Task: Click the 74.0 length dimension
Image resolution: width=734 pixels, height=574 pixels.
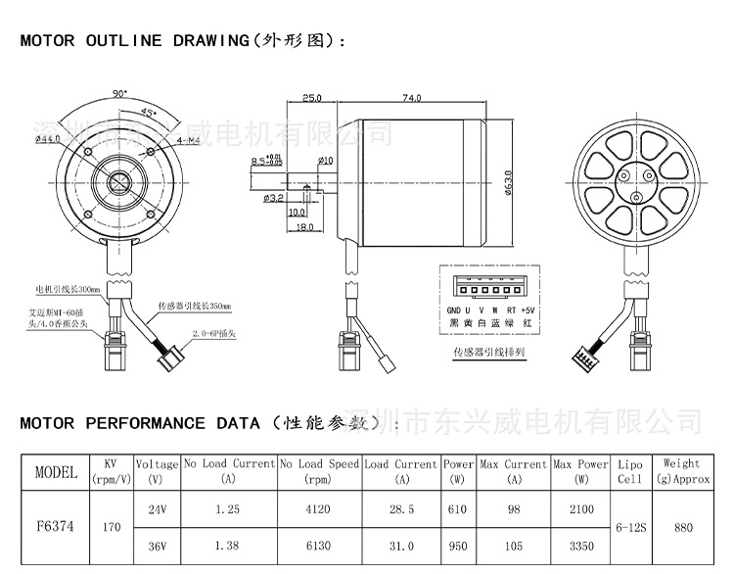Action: click(x=412, y=98)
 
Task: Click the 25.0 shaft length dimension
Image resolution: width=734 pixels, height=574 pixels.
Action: click(x=312, y=98)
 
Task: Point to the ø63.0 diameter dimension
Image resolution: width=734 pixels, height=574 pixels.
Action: click(x=509, y=182)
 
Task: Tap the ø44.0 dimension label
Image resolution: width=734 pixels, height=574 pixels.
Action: click(x=46, y=140)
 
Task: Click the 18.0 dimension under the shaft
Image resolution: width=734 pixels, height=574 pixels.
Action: click(x=304, y=226)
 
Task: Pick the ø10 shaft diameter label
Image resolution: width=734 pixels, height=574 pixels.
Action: click(x=325, y=161)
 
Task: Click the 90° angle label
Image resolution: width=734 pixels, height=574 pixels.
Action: click(x=120, y=94)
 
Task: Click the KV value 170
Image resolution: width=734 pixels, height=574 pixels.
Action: click(x=111, y=527)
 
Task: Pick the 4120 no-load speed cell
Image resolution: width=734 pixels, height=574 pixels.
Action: click(x=319, y=509)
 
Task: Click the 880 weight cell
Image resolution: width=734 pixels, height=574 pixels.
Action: click(x=683, y=527)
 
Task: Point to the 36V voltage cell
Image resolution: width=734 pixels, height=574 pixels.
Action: click(x=157, y=546)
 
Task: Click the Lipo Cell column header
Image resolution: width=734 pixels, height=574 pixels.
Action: click(x=629, y=471)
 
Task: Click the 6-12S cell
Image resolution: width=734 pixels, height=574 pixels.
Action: click(x=629, y=527)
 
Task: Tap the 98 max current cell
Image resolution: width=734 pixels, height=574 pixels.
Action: click(x=513, y=509)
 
